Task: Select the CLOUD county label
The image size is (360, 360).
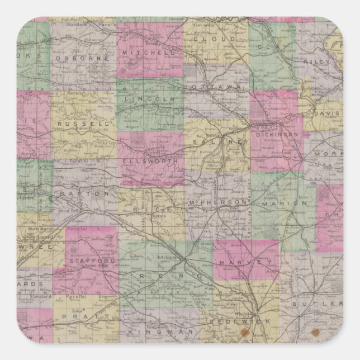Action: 214,40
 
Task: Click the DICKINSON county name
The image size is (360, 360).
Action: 277,135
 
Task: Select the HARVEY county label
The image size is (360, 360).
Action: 238,261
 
